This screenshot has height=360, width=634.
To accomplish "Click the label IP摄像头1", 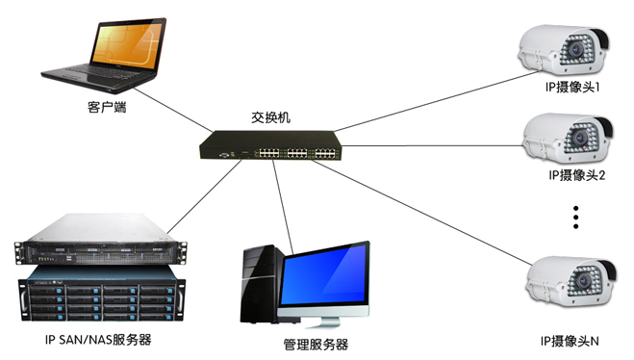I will (570, 88).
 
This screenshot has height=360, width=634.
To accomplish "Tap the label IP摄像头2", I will (574, 175).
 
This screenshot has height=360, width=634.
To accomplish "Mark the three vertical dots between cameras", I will (577, 216).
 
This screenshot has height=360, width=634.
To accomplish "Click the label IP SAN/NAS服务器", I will (98, 340).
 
